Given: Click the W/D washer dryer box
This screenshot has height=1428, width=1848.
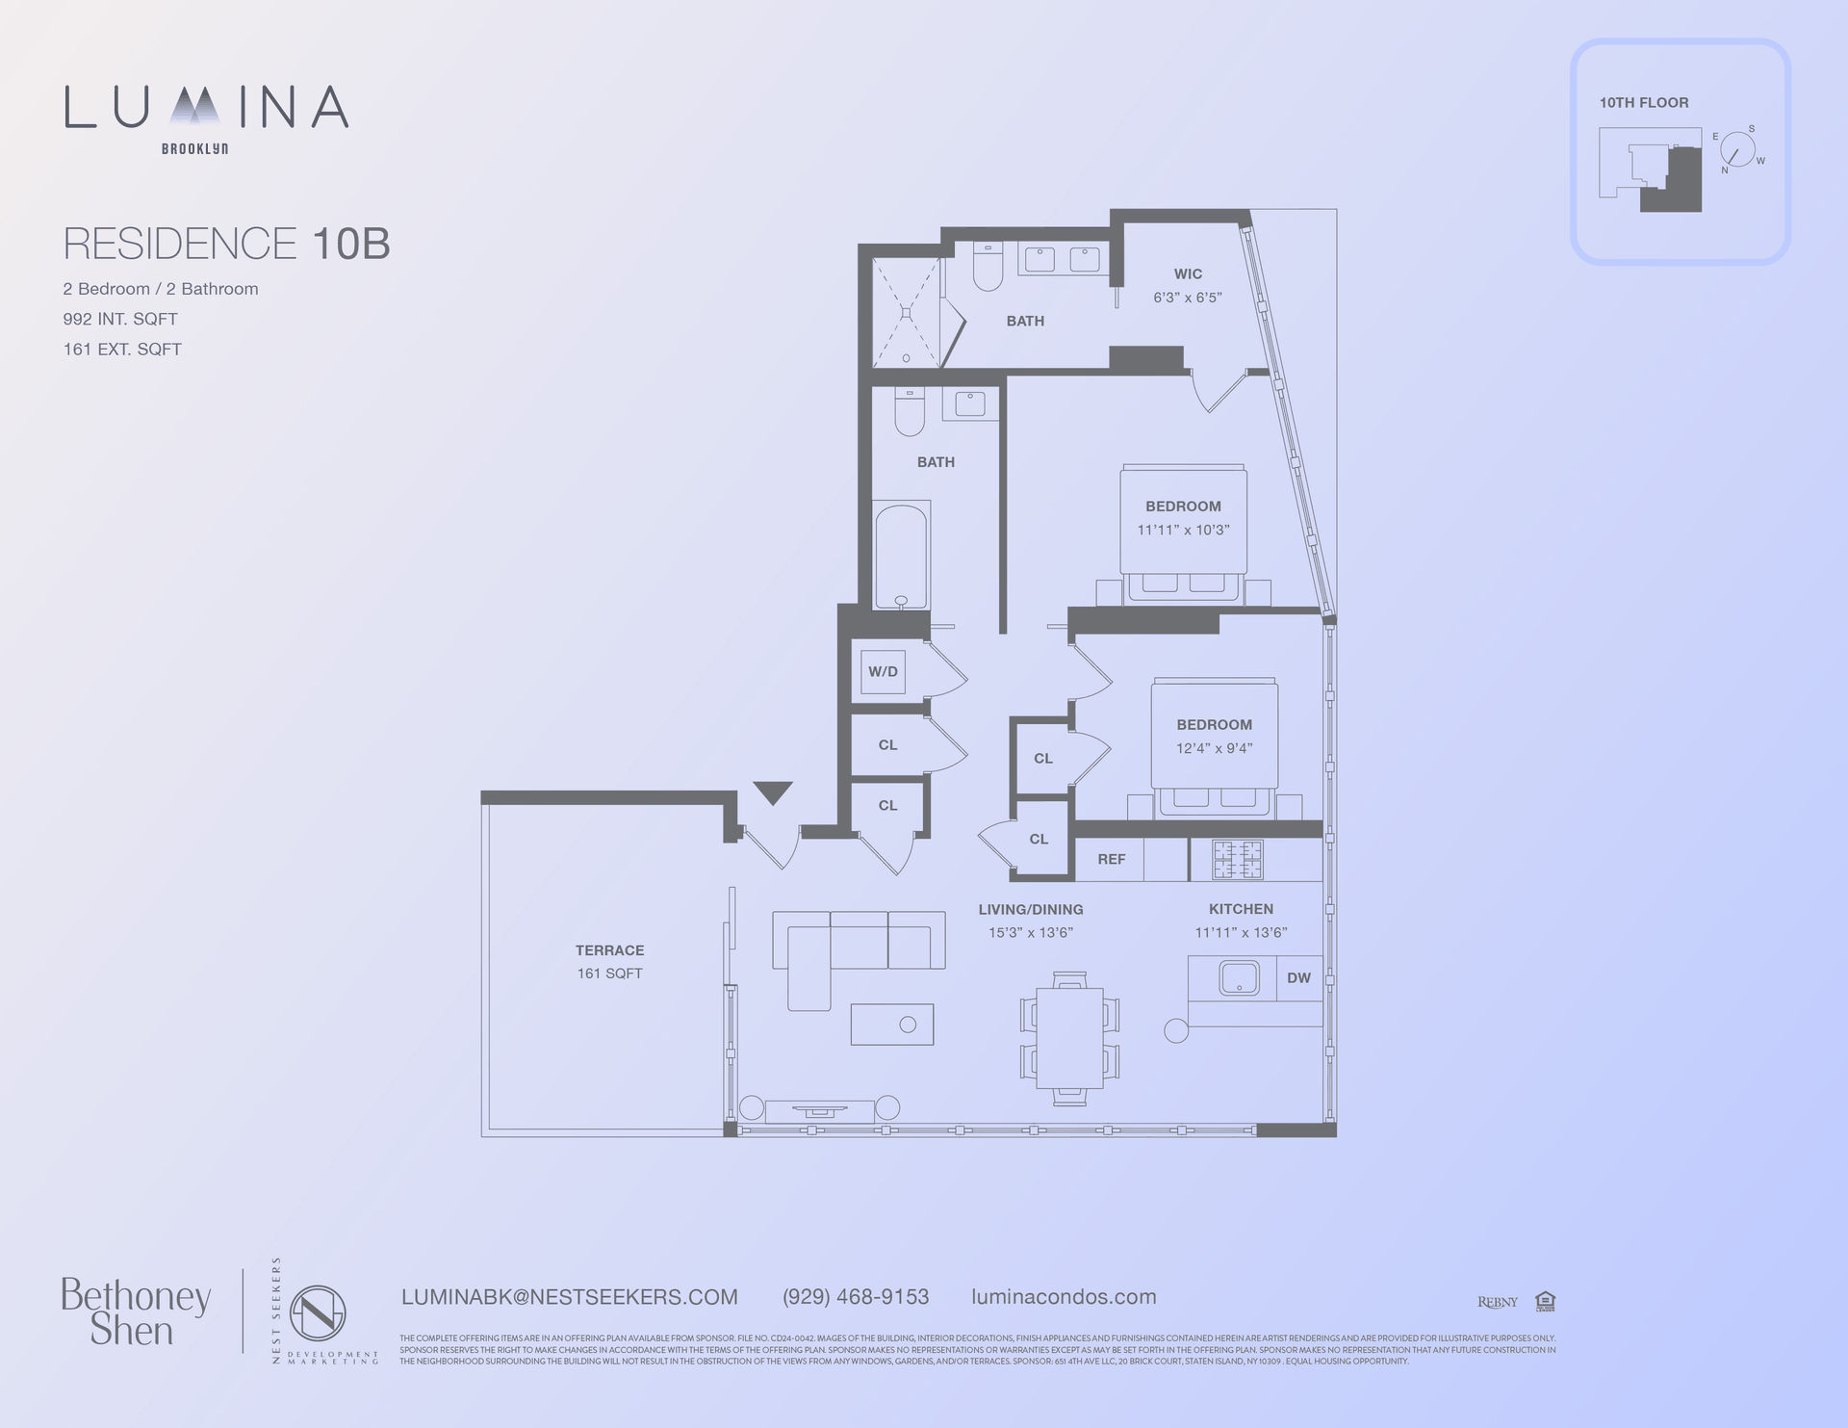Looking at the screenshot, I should pyautogui.click(x=883, y=671).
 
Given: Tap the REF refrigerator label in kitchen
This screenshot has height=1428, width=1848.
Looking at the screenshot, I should pyautogui.click(x=1111, y=859).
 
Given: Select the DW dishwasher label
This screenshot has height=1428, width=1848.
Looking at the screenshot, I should pyautogui.click(x=1298, y=977).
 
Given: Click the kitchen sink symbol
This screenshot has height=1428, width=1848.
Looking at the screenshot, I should pyautogui.click(x=1239, y=977).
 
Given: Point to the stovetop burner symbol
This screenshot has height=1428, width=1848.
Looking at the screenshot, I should pyautogui.click(x=1237, y=860).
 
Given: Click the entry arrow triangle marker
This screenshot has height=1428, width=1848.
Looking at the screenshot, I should pyautogui.click(x=773, y=792).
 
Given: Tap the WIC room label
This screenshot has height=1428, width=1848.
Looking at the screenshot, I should pyautogui.click(x=1188, y=274).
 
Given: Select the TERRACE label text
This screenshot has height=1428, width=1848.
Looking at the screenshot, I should pyautogui.click(x=609, y=950).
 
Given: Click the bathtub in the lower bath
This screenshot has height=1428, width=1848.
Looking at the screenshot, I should pyautogui.click(x=901, y=556).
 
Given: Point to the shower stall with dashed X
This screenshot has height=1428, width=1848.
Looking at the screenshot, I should pyautogui.click(x=906, y=313).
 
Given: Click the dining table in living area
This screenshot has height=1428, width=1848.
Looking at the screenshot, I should pyautogui.click(x=1069, y=1038).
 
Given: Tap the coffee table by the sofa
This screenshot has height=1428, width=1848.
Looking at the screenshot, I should pyautogui.click(x=891, y=1025).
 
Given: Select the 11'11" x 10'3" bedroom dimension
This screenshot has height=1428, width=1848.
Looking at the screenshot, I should pyautogui.click(x=1183, y=530).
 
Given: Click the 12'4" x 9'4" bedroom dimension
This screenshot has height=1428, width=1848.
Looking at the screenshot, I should pyautogui.click(x=1214, y=748).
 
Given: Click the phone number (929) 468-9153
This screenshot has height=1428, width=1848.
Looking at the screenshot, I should pyautogui.click(x=856, y=1297).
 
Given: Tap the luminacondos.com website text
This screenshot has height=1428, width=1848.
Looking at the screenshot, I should pyautogui.click(x=1064, y=1297).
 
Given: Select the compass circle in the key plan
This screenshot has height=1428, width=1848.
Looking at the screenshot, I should pyautogui.click(x=1736, y=150).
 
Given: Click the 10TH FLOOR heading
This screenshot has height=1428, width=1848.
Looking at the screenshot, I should pyautogui.click(x=1644, y=103).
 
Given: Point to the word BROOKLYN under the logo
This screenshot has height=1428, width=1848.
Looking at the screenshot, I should pyautogui.click(x=194, y=149).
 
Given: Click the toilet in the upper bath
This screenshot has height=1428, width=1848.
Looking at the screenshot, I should pyautogui.click(x=988, y=268).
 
